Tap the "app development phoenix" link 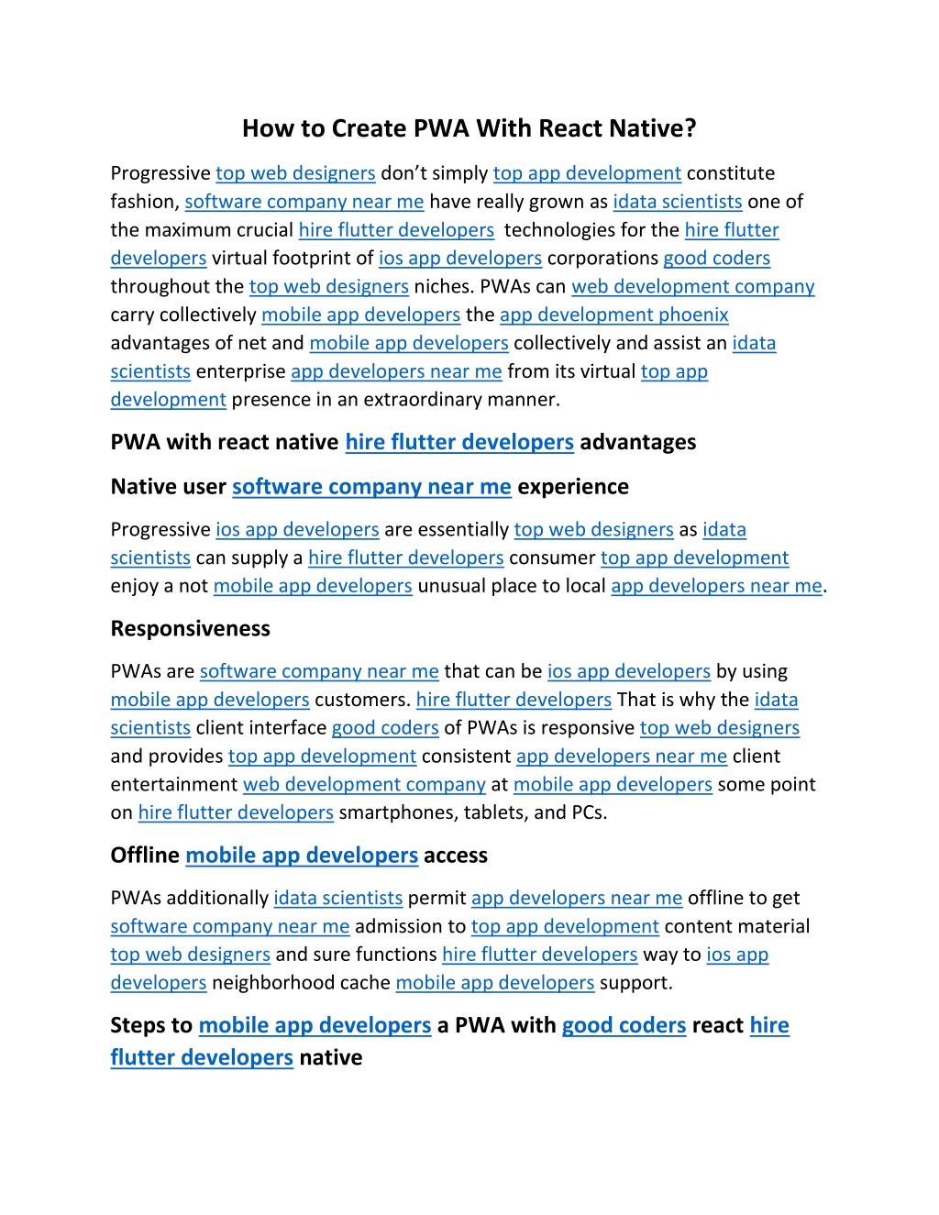(x=613, y=315)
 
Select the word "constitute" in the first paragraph (x=730, y=173)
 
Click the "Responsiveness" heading (x=190, y=629)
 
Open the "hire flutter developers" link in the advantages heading (x=458, y=442)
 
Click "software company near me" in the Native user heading (x=371, y=487)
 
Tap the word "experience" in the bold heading (x=572, y=487)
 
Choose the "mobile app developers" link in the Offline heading (x=302, y=856)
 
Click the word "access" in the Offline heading (x=455, y=856)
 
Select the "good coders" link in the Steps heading (x=624, y=1025)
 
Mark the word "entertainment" (x=173, y=785)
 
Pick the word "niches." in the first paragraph (x=444, y=287)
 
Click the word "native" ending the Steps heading (x=330, y=1058)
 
